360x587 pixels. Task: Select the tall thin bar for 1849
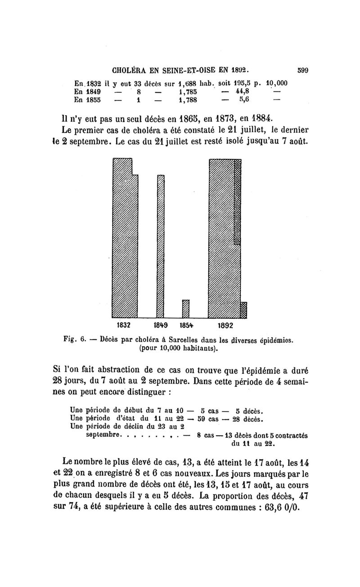click(x=160, y=245)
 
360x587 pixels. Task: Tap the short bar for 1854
click(x=186, y=309)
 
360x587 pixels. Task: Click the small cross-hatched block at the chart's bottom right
click(x=243, y=310)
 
